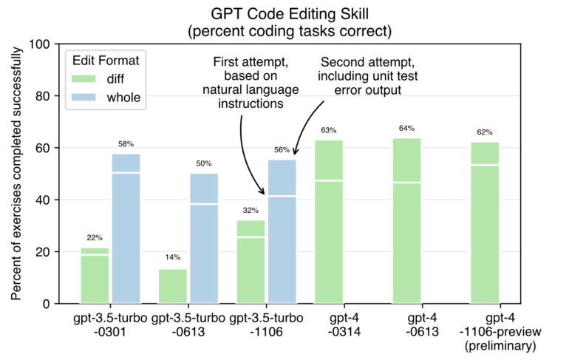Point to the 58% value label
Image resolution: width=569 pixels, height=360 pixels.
tap(126, 143)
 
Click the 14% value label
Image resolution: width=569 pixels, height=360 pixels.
tap(173, 258)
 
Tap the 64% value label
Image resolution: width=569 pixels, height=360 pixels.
tap(406, 128)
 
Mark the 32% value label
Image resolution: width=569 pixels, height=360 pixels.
tap(251, 210)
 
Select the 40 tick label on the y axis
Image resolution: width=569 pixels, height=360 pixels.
tap(64, 200)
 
